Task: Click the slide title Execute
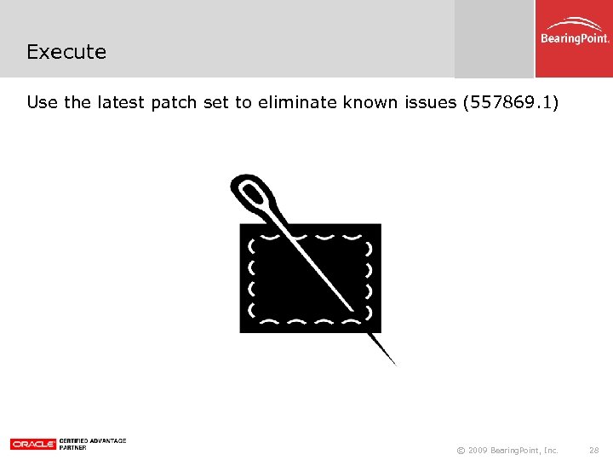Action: tap(66, 52)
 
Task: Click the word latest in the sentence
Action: tap(120, 103)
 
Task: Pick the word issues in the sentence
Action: tap(429, 103)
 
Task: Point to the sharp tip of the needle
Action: tap(394, 364)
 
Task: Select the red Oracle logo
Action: tap(33, 444)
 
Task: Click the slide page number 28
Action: tap(593, 450)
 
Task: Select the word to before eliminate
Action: tap(243, 103)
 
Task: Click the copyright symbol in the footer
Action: tap(461, 450)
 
